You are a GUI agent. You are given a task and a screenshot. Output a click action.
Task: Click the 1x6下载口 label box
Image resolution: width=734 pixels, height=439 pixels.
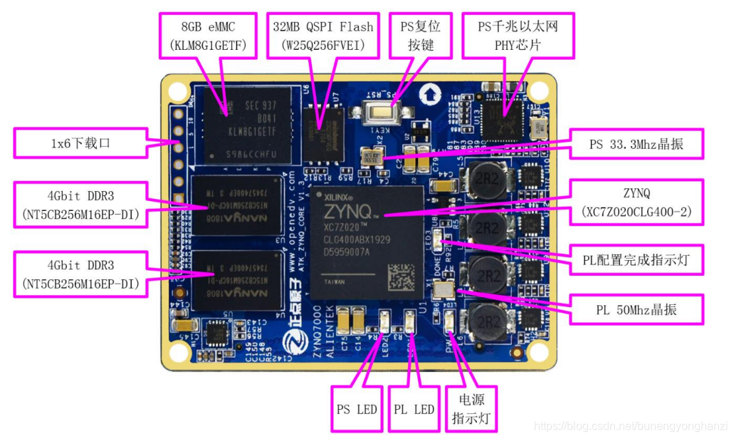81,143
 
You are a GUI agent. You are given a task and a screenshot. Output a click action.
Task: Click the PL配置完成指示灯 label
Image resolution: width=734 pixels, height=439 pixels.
637,260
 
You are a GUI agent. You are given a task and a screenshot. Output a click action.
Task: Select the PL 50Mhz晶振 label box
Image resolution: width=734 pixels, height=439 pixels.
636,310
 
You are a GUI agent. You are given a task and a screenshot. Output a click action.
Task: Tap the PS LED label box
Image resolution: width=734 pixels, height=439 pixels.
357,409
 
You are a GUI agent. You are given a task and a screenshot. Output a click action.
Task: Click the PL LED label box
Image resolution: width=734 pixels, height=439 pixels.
414,409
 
